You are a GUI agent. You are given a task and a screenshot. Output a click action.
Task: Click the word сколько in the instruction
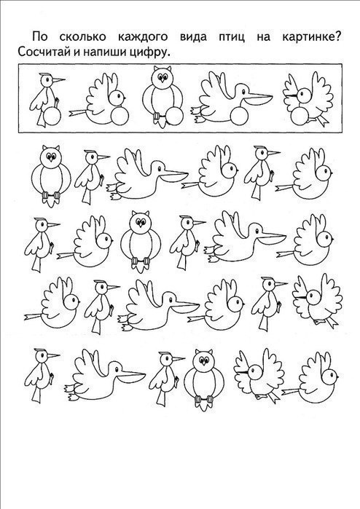(82, 36)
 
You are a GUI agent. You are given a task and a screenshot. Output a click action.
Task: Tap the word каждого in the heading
(143, 37)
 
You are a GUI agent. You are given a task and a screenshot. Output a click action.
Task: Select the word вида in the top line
(193, 37)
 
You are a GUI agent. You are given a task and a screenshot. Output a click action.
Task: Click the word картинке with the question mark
(311, 36)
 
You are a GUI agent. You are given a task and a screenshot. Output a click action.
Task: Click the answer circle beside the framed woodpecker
(52, 117)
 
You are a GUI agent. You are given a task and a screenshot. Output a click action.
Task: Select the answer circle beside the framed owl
(174, 117)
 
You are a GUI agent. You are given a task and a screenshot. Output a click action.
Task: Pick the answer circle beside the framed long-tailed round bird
(120, 116)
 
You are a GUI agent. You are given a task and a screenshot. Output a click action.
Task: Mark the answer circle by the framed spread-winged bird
(300, 117)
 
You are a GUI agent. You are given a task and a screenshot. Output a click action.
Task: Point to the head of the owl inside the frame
(162, 76)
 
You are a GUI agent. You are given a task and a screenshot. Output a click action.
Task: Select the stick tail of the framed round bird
(78, 113)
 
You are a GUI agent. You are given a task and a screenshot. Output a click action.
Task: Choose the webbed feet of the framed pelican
(197, 114)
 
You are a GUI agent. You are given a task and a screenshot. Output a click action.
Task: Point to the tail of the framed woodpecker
(42, 119)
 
